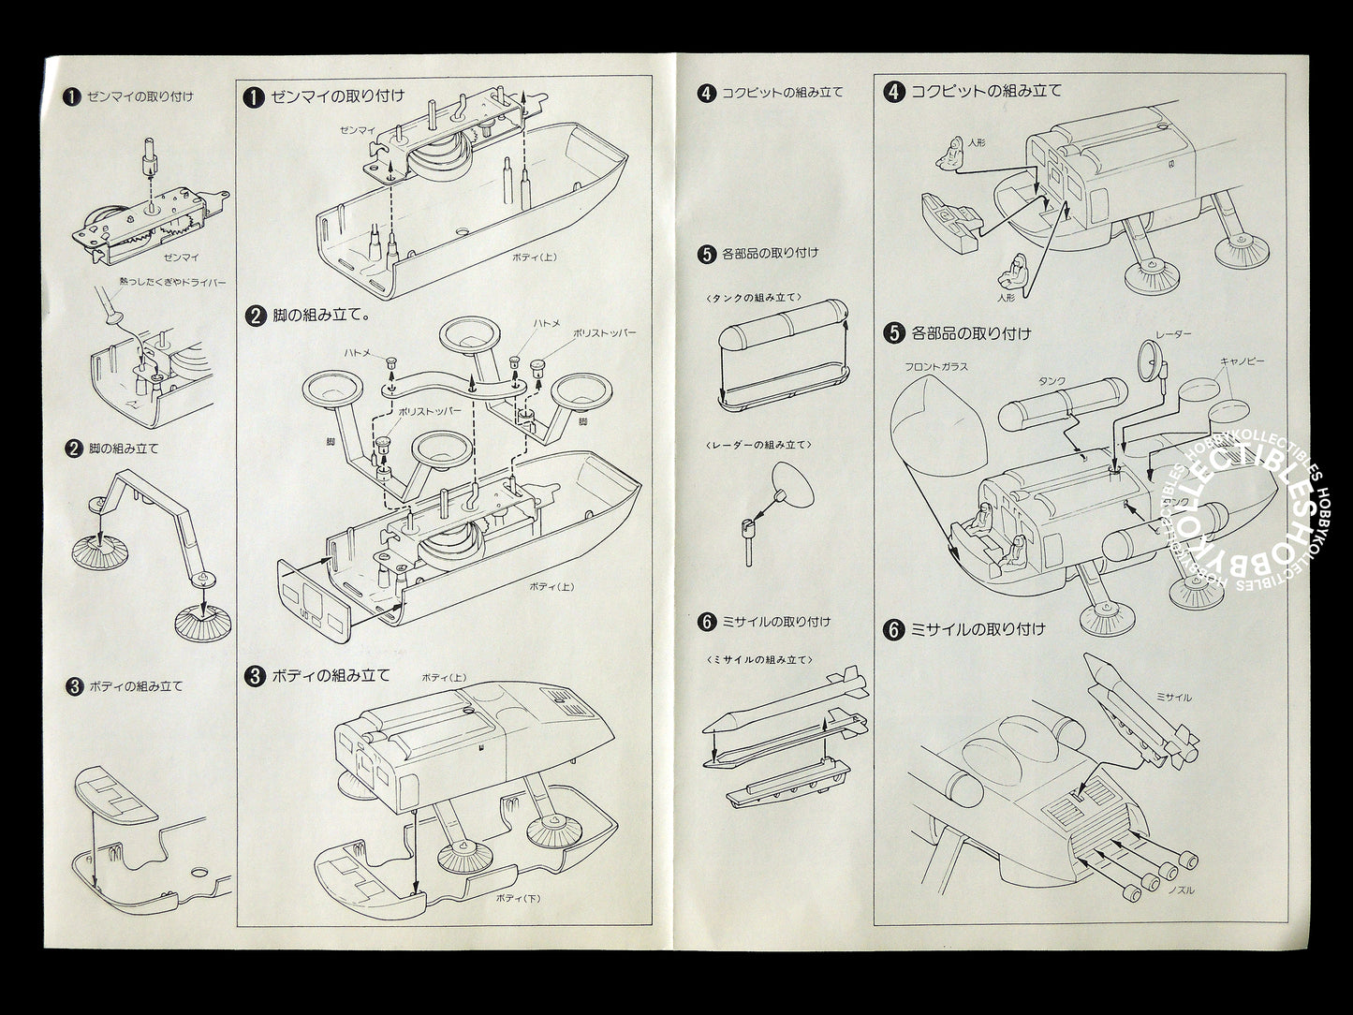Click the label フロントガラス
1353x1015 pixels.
point(935,367)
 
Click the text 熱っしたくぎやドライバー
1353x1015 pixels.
point(172,282)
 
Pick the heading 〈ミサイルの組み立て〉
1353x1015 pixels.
point(758,659)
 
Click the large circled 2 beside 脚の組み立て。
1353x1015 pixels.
point(254,316)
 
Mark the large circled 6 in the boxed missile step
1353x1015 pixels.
point(894,629)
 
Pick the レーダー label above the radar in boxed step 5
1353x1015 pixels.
point(1173,333)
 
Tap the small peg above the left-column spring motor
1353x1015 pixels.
point(147,158)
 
